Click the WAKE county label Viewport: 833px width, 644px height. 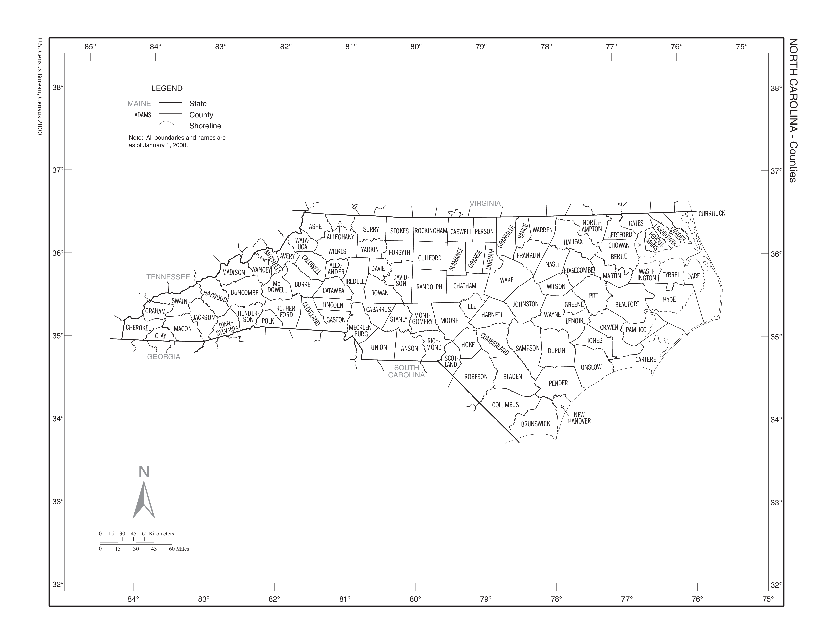507,280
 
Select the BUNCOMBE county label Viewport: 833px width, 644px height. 245,293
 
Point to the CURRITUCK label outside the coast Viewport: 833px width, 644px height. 712,214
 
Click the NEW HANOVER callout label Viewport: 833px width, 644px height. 579,418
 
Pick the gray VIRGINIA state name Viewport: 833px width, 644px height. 485,203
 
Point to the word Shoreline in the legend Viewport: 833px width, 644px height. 205,126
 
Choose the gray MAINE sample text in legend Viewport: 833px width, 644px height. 139,103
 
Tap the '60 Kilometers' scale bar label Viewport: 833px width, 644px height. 158,533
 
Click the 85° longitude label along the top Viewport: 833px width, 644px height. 90,47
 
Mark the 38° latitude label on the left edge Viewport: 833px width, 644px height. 58,87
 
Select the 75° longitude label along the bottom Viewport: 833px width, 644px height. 768,599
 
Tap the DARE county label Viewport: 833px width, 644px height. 693,276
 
